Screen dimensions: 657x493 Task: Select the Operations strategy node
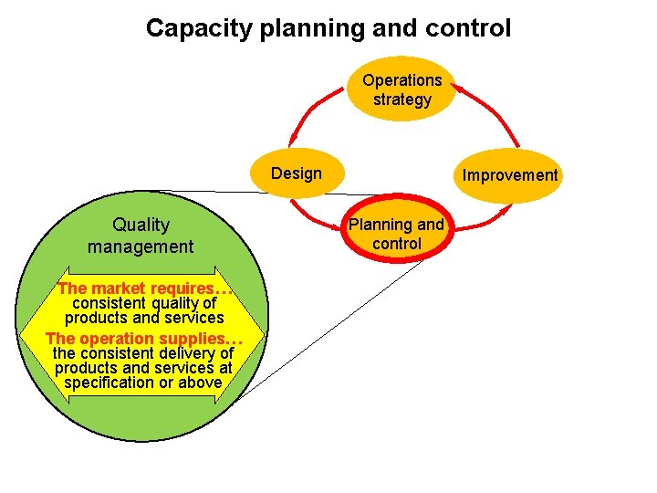click(x=401, y=89)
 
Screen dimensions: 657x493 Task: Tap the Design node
click(x=297, y=173)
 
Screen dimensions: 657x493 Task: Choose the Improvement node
click(x=509, y=174)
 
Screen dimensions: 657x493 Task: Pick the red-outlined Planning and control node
click(x=397, y=235)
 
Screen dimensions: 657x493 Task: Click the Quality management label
click(x=141, y=236)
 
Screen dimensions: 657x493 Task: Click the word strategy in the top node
click(x=401, y=100)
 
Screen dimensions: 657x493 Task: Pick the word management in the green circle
click(x=141, y=246)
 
